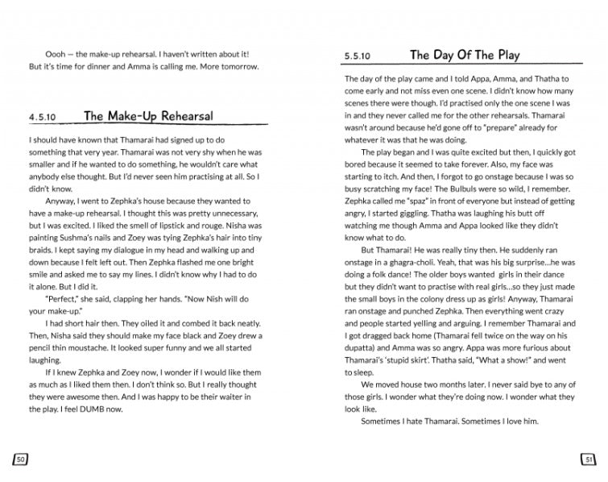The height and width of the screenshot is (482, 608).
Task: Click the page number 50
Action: click(x=21, y=459)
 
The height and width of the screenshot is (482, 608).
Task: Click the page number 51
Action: click(x=587, y=459)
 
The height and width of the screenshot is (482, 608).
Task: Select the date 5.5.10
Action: click(x=357, y=56)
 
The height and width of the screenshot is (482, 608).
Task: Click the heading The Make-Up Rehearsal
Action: click(x=148, y=116)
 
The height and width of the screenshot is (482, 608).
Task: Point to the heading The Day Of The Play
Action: click(x=465, y=55)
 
